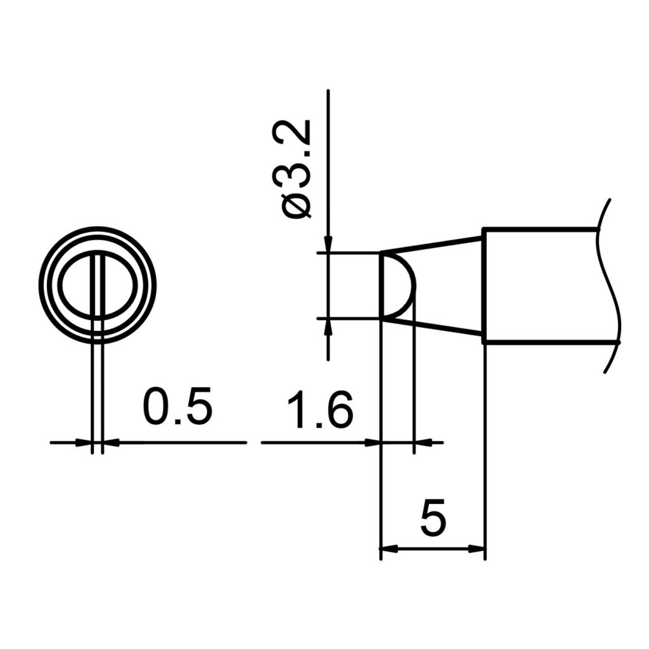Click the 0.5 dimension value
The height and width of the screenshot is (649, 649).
tap(177, 408)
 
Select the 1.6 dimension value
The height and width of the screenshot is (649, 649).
tap(319, 411)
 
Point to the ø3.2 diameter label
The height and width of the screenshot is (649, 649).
tap(296, 170)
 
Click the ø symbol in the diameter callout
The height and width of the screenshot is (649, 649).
tap(297, 206)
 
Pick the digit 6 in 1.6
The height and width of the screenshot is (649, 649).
tap(337, 411)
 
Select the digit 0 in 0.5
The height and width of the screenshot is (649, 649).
tap(156, 408)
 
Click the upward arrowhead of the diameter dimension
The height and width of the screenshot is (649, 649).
tap(328, 324)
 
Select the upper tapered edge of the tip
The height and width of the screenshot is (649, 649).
tap(431, 245)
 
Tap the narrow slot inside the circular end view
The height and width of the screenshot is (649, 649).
tap(97, 285)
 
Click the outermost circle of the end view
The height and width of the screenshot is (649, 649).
tap(41, 285)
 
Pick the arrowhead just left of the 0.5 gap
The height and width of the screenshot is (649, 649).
tap(85, 442)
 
